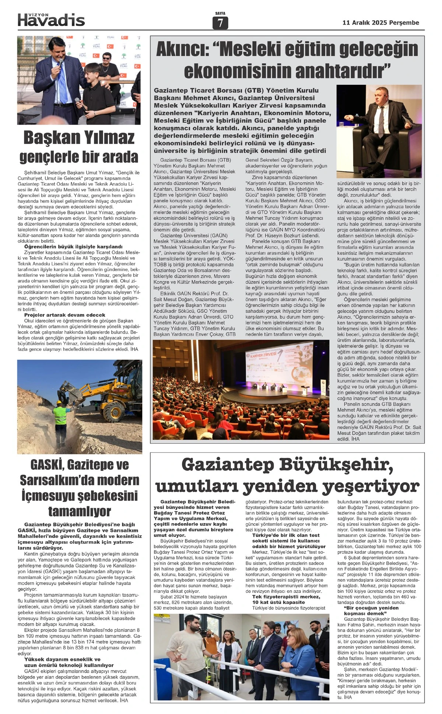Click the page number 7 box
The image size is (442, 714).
coord(220,23)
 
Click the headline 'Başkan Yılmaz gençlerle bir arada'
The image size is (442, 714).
coord(78,147)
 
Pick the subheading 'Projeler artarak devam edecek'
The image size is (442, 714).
coord(64,315)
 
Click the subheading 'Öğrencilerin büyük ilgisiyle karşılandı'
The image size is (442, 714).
coord(73,246)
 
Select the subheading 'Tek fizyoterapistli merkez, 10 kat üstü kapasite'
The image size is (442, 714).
coord(286,599)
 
